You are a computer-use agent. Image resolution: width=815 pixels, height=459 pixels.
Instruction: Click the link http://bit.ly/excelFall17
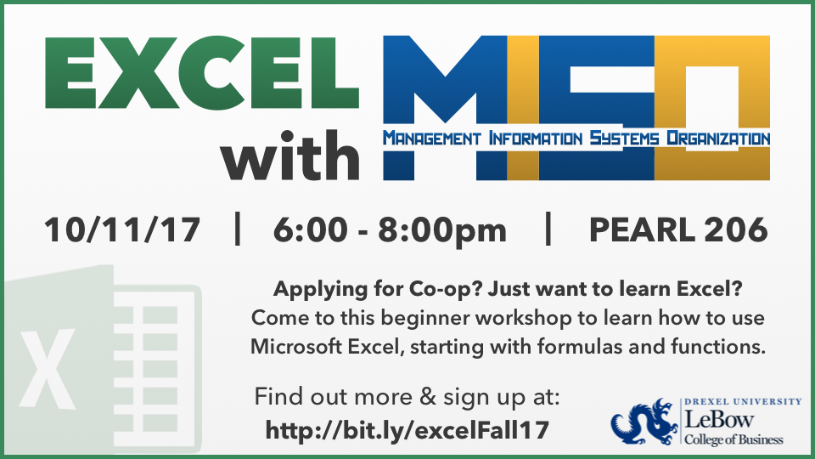tap(407, 430)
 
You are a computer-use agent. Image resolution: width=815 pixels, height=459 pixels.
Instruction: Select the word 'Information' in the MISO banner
tap(531, 138)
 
